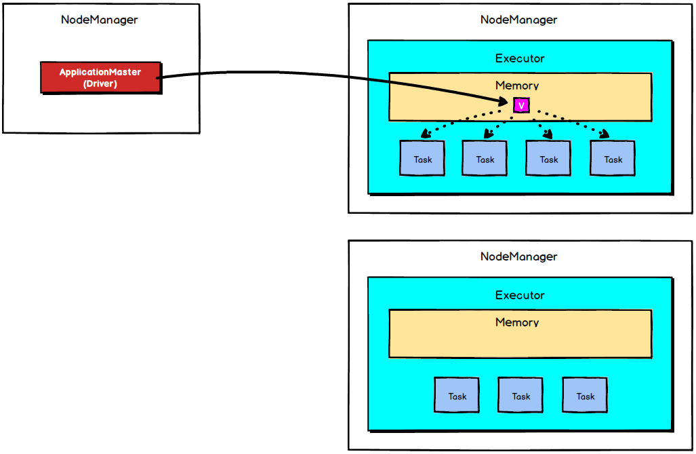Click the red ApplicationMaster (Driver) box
coord(100,77)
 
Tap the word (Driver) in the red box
coord(100,84)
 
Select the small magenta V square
coord(521,105)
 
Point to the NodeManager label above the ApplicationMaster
coord(99,20)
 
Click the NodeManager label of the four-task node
coord(518,20)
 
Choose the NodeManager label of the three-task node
coord(518,257)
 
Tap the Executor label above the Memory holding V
coord(520,58)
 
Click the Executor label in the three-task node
coord(520,295)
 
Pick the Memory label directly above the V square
coord(517,86)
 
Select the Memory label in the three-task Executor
coord(517,322)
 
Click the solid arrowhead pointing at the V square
coord(504,102)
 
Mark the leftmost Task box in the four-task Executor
coord(422,159)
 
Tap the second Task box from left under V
coord(485,159)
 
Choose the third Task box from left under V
coord(548,159)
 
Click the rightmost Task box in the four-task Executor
coord(613,159)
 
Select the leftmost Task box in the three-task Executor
coord(457,396)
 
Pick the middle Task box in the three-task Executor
coord(520,396)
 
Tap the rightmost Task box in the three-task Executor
coord(585,396)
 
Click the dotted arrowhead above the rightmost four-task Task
coord(602,134)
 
